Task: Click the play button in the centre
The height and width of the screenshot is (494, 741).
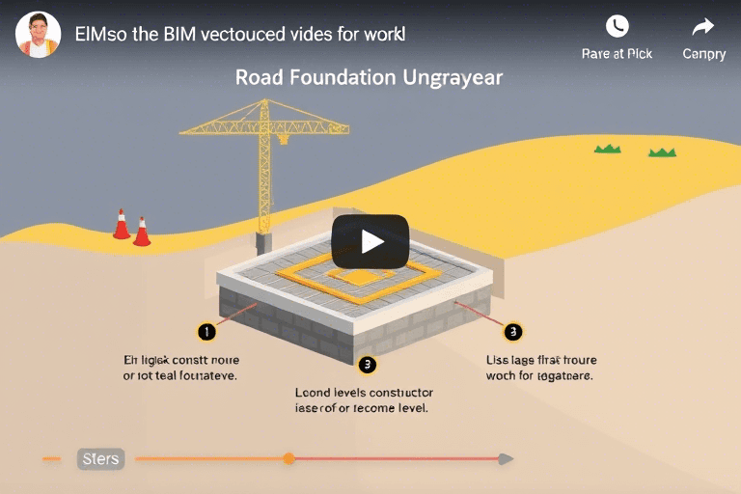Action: pos(370,241)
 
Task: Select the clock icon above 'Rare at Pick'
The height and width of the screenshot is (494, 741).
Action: pos(617,26)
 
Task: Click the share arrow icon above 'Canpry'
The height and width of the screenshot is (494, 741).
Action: pos(703,26)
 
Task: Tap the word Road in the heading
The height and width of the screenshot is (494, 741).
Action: pos(259,77)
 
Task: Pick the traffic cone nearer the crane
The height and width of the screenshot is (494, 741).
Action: pos(142,233)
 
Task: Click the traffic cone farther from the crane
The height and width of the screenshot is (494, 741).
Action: pos(122,224)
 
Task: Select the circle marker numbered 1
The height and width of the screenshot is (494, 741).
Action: pos(206,333)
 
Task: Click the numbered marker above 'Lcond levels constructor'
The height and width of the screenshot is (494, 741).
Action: pos(366,364)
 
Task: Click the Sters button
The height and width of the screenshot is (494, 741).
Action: pos(100,458)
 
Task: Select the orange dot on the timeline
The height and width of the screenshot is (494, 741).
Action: pos(288,458)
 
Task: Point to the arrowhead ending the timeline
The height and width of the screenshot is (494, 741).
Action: pos(507,458)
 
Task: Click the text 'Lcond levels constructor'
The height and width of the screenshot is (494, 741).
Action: pos(364,393)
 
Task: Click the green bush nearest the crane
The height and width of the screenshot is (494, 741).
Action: pos(607,148)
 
